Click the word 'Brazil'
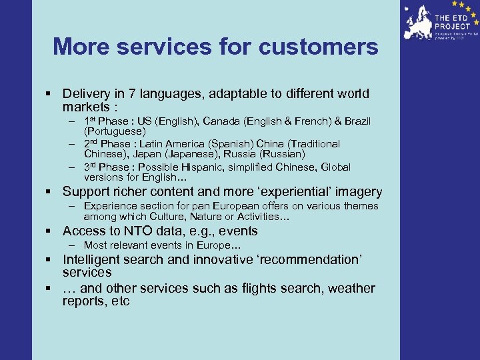pos(354,121)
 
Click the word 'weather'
pos(351,289)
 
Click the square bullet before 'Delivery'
pos(49,95)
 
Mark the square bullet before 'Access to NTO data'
pos(49,232)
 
